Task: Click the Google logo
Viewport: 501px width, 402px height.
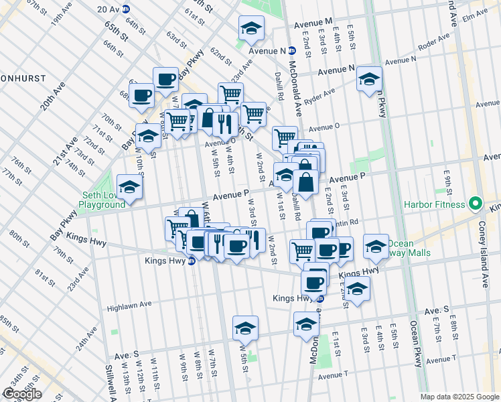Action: [x=21, y=394]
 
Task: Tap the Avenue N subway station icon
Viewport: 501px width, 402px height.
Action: [x=291, y=50]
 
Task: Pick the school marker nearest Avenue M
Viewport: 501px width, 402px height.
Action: [x=252, y=29]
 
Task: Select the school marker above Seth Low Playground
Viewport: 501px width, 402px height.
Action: [x=129, y=186]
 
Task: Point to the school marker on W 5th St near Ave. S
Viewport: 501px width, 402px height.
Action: [x=245, y=328]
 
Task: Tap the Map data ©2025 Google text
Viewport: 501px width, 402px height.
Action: [x=459, y=397]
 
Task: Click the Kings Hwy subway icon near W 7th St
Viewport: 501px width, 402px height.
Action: [x=191, y=261]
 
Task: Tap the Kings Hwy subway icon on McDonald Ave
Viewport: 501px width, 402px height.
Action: [x=319, y=298]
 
